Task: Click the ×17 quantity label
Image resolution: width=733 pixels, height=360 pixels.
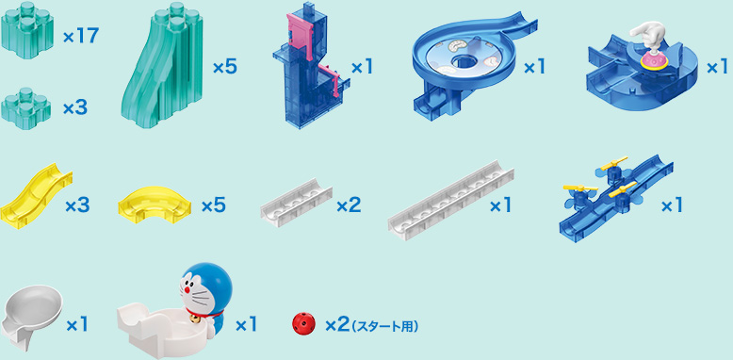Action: pyautogui.click(x=81, y=38)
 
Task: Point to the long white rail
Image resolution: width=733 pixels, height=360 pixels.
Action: pyautogui.click(x=450, y=201)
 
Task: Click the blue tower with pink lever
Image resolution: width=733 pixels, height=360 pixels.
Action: pyautogui.click(x=307, y=75)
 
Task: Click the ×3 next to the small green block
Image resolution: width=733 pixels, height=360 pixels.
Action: pyautogui.click(x=75, y=108)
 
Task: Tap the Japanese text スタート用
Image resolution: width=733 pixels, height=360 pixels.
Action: pyautogui.click(x=385, y=325)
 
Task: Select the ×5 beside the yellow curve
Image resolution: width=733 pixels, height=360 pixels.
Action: pyautogui.click(x=214, y=205)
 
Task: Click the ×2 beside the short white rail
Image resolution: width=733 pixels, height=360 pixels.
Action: pyautogui.click(x=349, y=205)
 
